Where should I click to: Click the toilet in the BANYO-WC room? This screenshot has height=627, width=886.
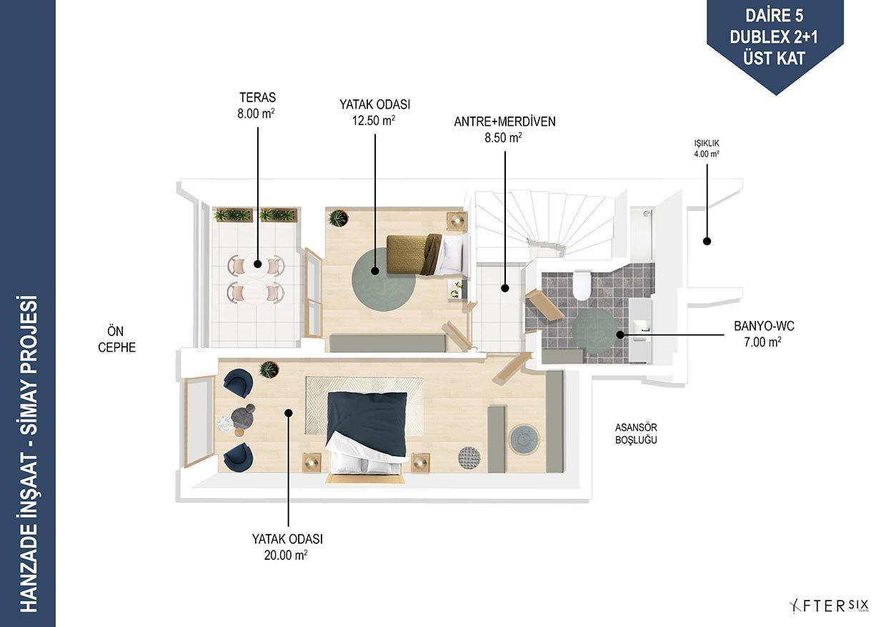(x=582, y=285)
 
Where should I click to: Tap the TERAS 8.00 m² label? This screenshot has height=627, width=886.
(x=257, y=105)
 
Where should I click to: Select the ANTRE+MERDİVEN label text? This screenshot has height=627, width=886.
(x=504, y=122)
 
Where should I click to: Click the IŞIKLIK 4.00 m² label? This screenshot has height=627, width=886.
(x=707, y=149)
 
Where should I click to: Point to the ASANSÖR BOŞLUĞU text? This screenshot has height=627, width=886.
(x=636, y=433)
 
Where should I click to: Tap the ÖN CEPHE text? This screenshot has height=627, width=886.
(x=116, y=339)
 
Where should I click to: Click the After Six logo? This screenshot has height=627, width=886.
(x=829, y=606)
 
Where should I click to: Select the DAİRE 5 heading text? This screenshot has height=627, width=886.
(x=774, y=16)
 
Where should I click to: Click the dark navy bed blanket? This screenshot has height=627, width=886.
(x=367, y=423)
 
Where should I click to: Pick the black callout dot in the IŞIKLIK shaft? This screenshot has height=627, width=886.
(x=707, y=241)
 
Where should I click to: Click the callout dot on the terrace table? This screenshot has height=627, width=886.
(x=258, y=264)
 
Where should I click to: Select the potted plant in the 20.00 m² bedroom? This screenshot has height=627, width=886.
(x=269, y=370)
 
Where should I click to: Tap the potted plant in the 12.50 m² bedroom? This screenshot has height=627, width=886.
(x=338, y=218)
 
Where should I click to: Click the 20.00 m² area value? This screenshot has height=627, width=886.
(x=286, y=555)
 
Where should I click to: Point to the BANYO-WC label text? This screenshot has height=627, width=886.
(x=765, y=326)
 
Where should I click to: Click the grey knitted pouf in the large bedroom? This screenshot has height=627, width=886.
(x=469, y=458)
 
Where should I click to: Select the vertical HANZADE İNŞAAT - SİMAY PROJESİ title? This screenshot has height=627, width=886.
(x=29, y=453)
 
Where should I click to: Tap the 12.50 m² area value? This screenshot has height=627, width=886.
(x=374, y=120)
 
